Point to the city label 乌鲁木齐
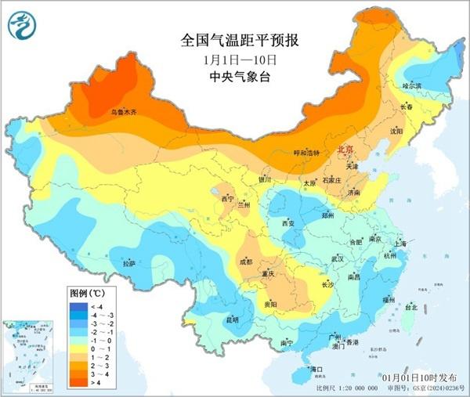(x=123, y=113)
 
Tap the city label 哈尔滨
(x=411, y=85)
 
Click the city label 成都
(x=246, y=261)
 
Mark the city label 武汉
(x=338, y=258)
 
